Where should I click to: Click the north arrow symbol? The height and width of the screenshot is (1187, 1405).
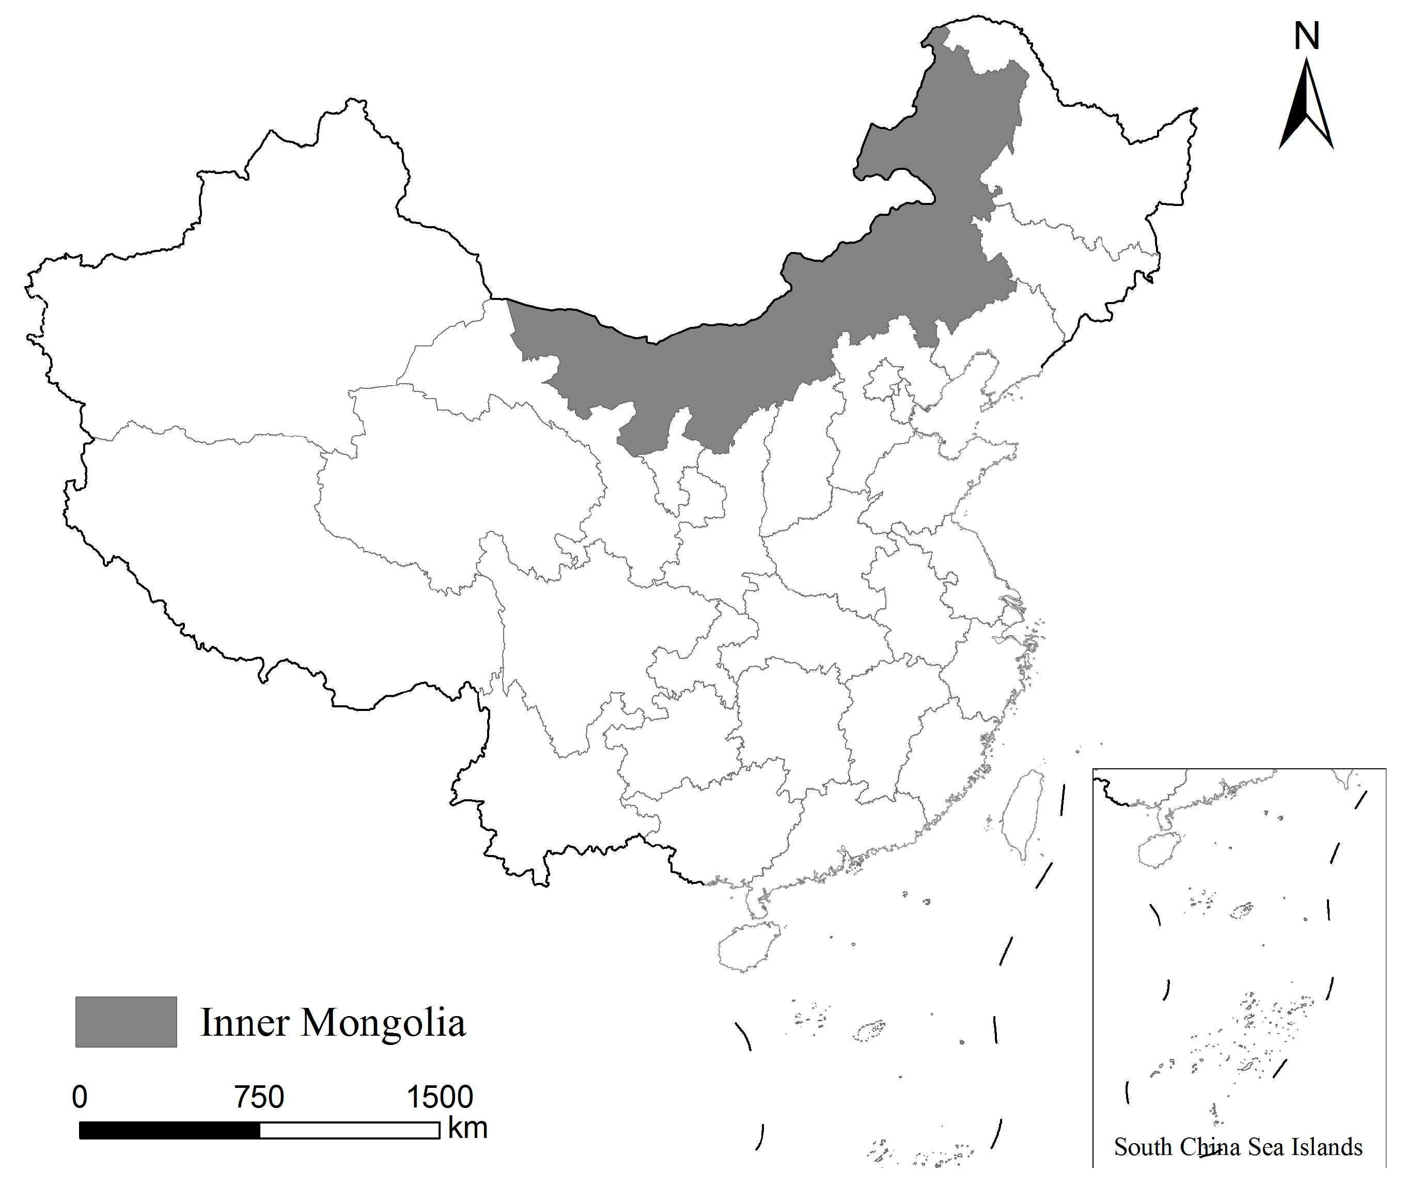tap(1306, 108)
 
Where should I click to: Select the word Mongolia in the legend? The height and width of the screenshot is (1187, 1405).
tap(382, 1023)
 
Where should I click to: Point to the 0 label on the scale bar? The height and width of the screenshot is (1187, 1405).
tap(80, 1098)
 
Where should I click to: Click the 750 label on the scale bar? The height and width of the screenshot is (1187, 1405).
tap(259, 1098)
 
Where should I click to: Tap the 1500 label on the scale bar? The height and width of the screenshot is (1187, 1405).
tap(440, 1098)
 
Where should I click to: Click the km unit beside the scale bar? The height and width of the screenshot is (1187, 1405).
tap(467, 1129)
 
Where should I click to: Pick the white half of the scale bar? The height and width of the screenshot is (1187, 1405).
tap(349, 1131)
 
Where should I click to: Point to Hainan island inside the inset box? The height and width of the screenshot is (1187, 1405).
tap(1159, 850)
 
